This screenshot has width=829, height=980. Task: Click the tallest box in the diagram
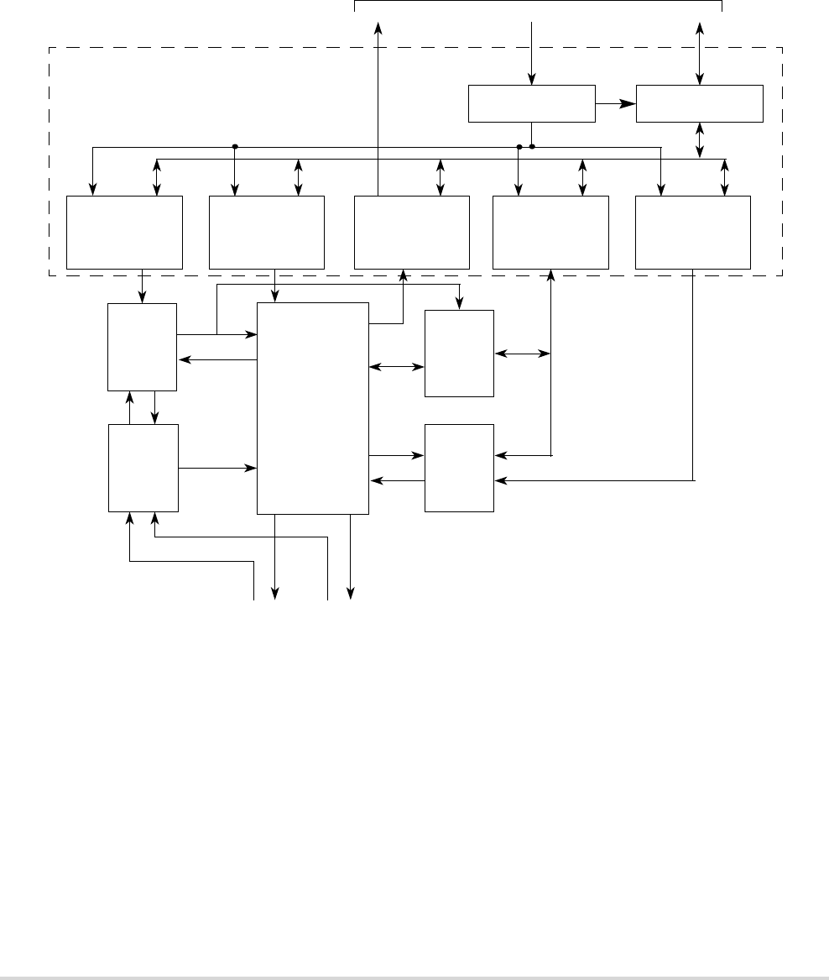click(312, 408)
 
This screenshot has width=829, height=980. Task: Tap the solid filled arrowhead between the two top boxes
click(627, 103)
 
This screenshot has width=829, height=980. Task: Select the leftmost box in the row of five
click(124, 233)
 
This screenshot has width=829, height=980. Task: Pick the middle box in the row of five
click(411, 233)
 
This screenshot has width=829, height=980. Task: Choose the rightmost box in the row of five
click(692, 233)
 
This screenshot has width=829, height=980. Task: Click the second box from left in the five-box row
click(266, 233)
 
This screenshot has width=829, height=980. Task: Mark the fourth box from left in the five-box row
click(550, 233)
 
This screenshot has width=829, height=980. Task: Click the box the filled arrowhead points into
click(700, 103)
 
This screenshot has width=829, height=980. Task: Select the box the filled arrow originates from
click(531, 103)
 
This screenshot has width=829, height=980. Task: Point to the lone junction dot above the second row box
click(235, 146)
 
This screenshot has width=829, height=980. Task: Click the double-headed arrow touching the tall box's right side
click(396, 367)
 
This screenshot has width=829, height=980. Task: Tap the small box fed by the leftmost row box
click(143, 347)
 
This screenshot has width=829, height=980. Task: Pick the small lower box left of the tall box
click(143, 468)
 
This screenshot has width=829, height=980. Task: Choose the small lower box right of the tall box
click(459, 468)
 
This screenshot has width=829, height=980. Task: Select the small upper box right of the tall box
click(459, 353)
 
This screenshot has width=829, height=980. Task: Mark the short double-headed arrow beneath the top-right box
click(701, 140)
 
